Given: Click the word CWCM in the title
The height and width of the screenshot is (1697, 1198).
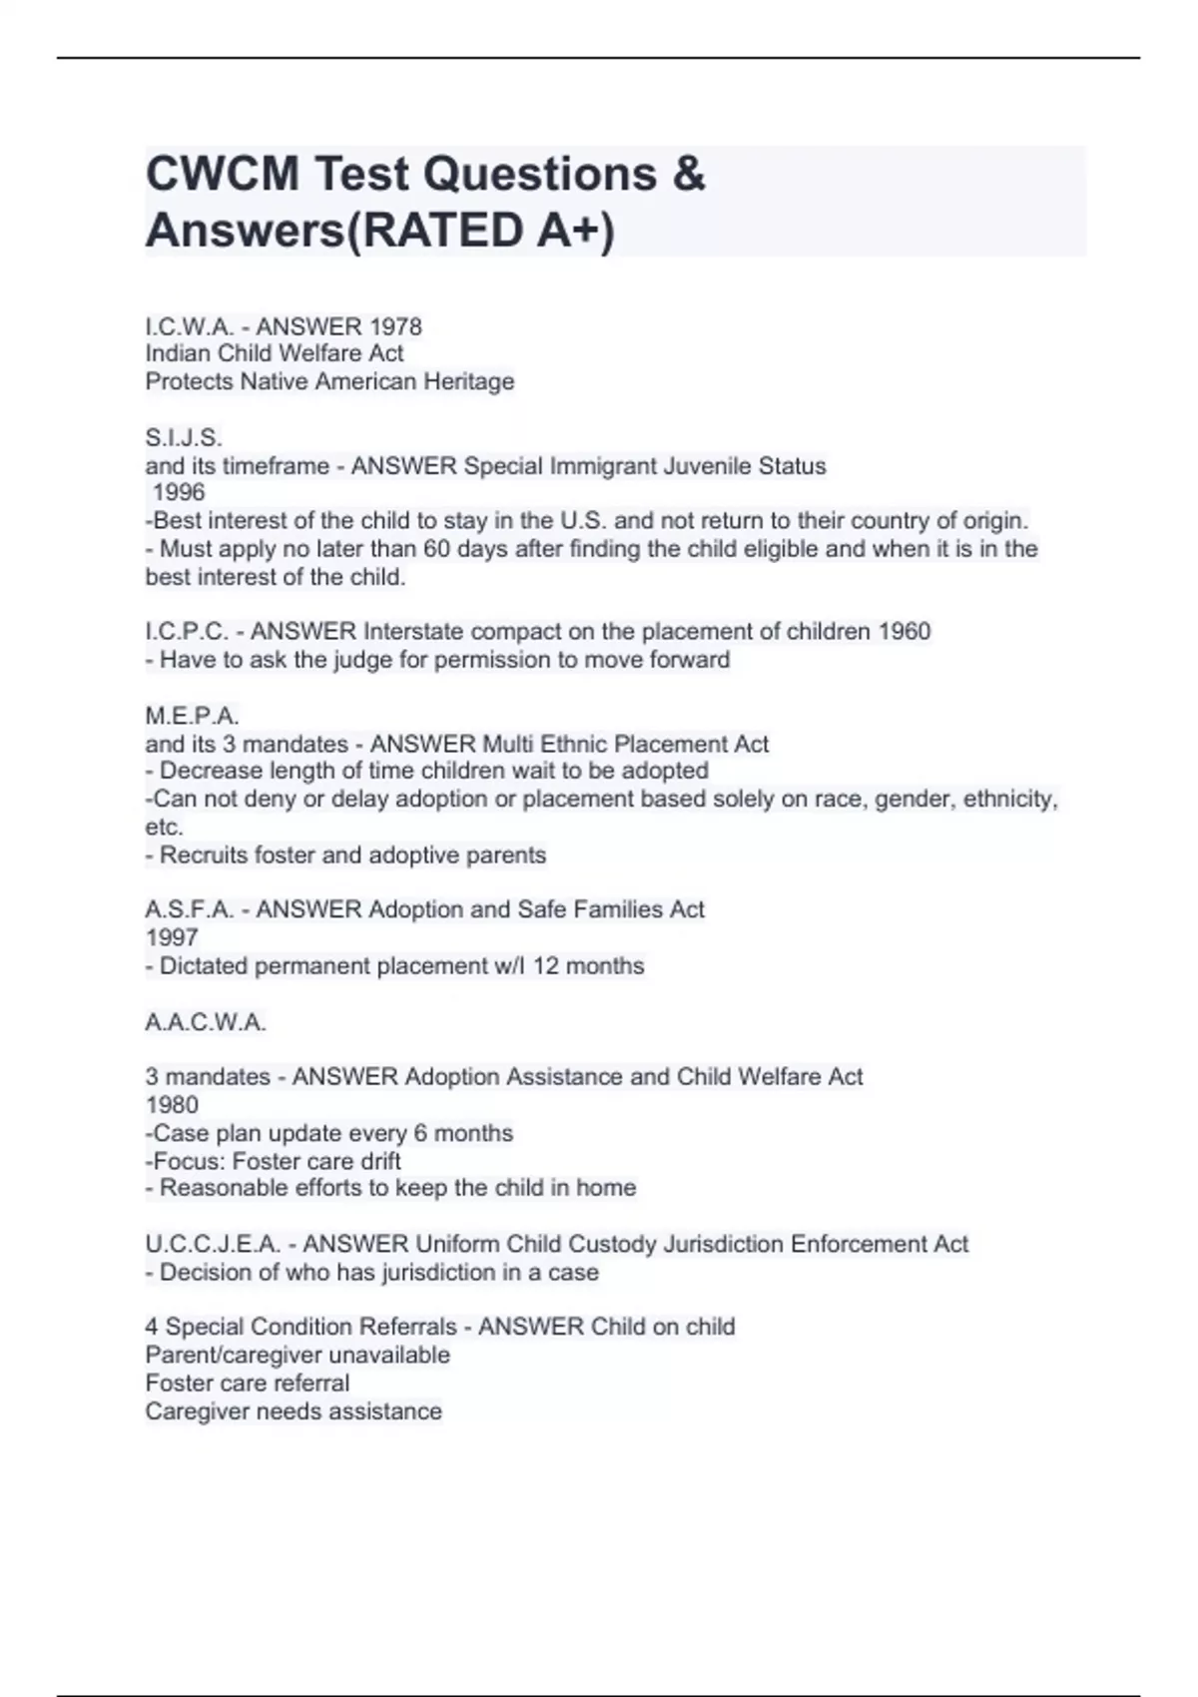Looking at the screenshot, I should (222, 175).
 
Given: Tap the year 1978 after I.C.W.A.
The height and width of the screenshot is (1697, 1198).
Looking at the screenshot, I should (395, 326).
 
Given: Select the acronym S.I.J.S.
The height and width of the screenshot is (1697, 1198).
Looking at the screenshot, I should (184, 437).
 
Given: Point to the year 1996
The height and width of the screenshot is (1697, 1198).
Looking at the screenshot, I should (179, 492).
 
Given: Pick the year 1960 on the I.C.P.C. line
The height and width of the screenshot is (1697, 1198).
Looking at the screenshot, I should (903, 631).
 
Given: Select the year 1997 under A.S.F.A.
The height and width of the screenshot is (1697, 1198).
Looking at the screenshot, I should (172, 937).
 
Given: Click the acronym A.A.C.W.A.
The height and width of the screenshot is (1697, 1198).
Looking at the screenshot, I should (206, 1022).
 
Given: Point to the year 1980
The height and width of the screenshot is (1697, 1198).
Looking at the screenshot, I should (172, 1105).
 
